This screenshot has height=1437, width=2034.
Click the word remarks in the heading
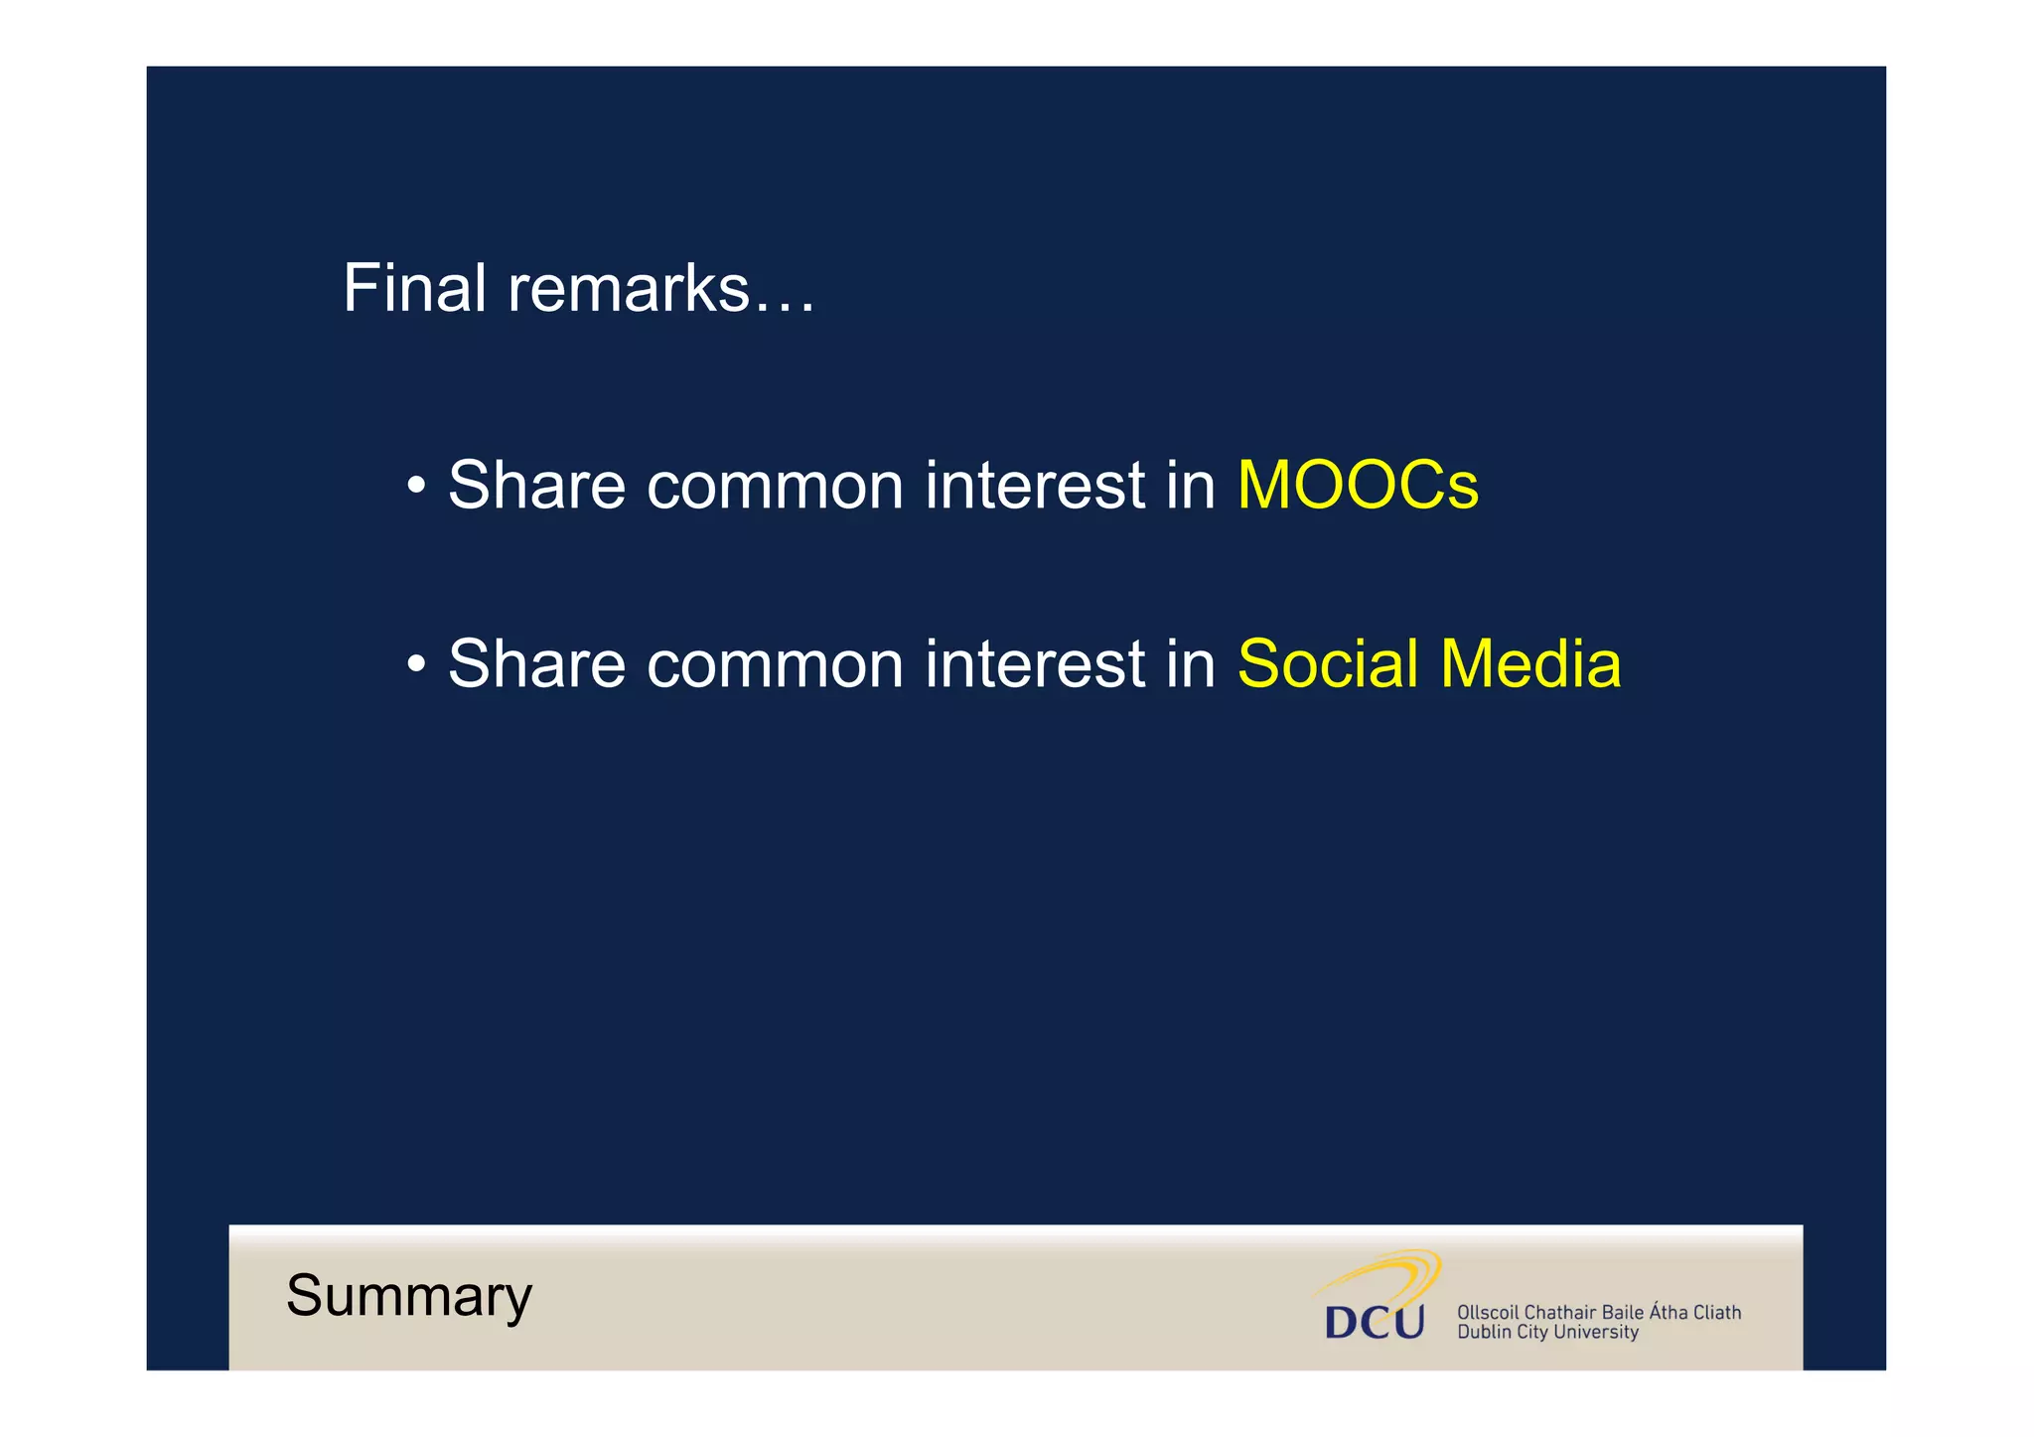pyautogui.click(x=628, y=289)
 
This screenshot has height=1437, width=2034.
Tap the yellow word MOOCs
pyautogui.click(x=1357, y=486)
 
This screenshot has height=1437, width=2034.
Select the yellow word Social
pyautogui.click(x=1327, y=663)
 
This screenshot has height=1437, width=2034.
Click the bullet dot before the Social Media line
pyautogui.click(x=416, y=664)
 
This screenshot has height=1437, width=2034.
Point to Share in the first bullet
pyautogui.click(x=536, y=486)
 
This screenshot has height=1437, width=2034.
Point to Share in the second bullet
pyautogui.click(x=536, y=663)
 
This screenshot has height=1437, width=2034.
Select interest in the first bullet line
pyautogui.click(x=1035, y=486)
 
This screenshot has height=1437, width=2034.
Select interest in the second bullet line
pyautogui.click(x=1035, y=663)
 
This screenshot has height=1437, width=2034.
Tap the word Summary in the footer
pyautogui.click(x=409, y=1297)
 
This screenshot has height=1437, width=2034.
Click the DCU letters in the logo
pyautogui.click(x=1374, y=1322)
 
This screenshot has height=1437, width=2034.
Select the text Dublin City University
pyautogui.click(x=1546, y=1333)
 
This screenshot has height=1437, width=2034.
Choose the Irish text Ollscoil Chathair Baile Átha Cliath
pyautogui.click(x=1598, y=1312)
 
